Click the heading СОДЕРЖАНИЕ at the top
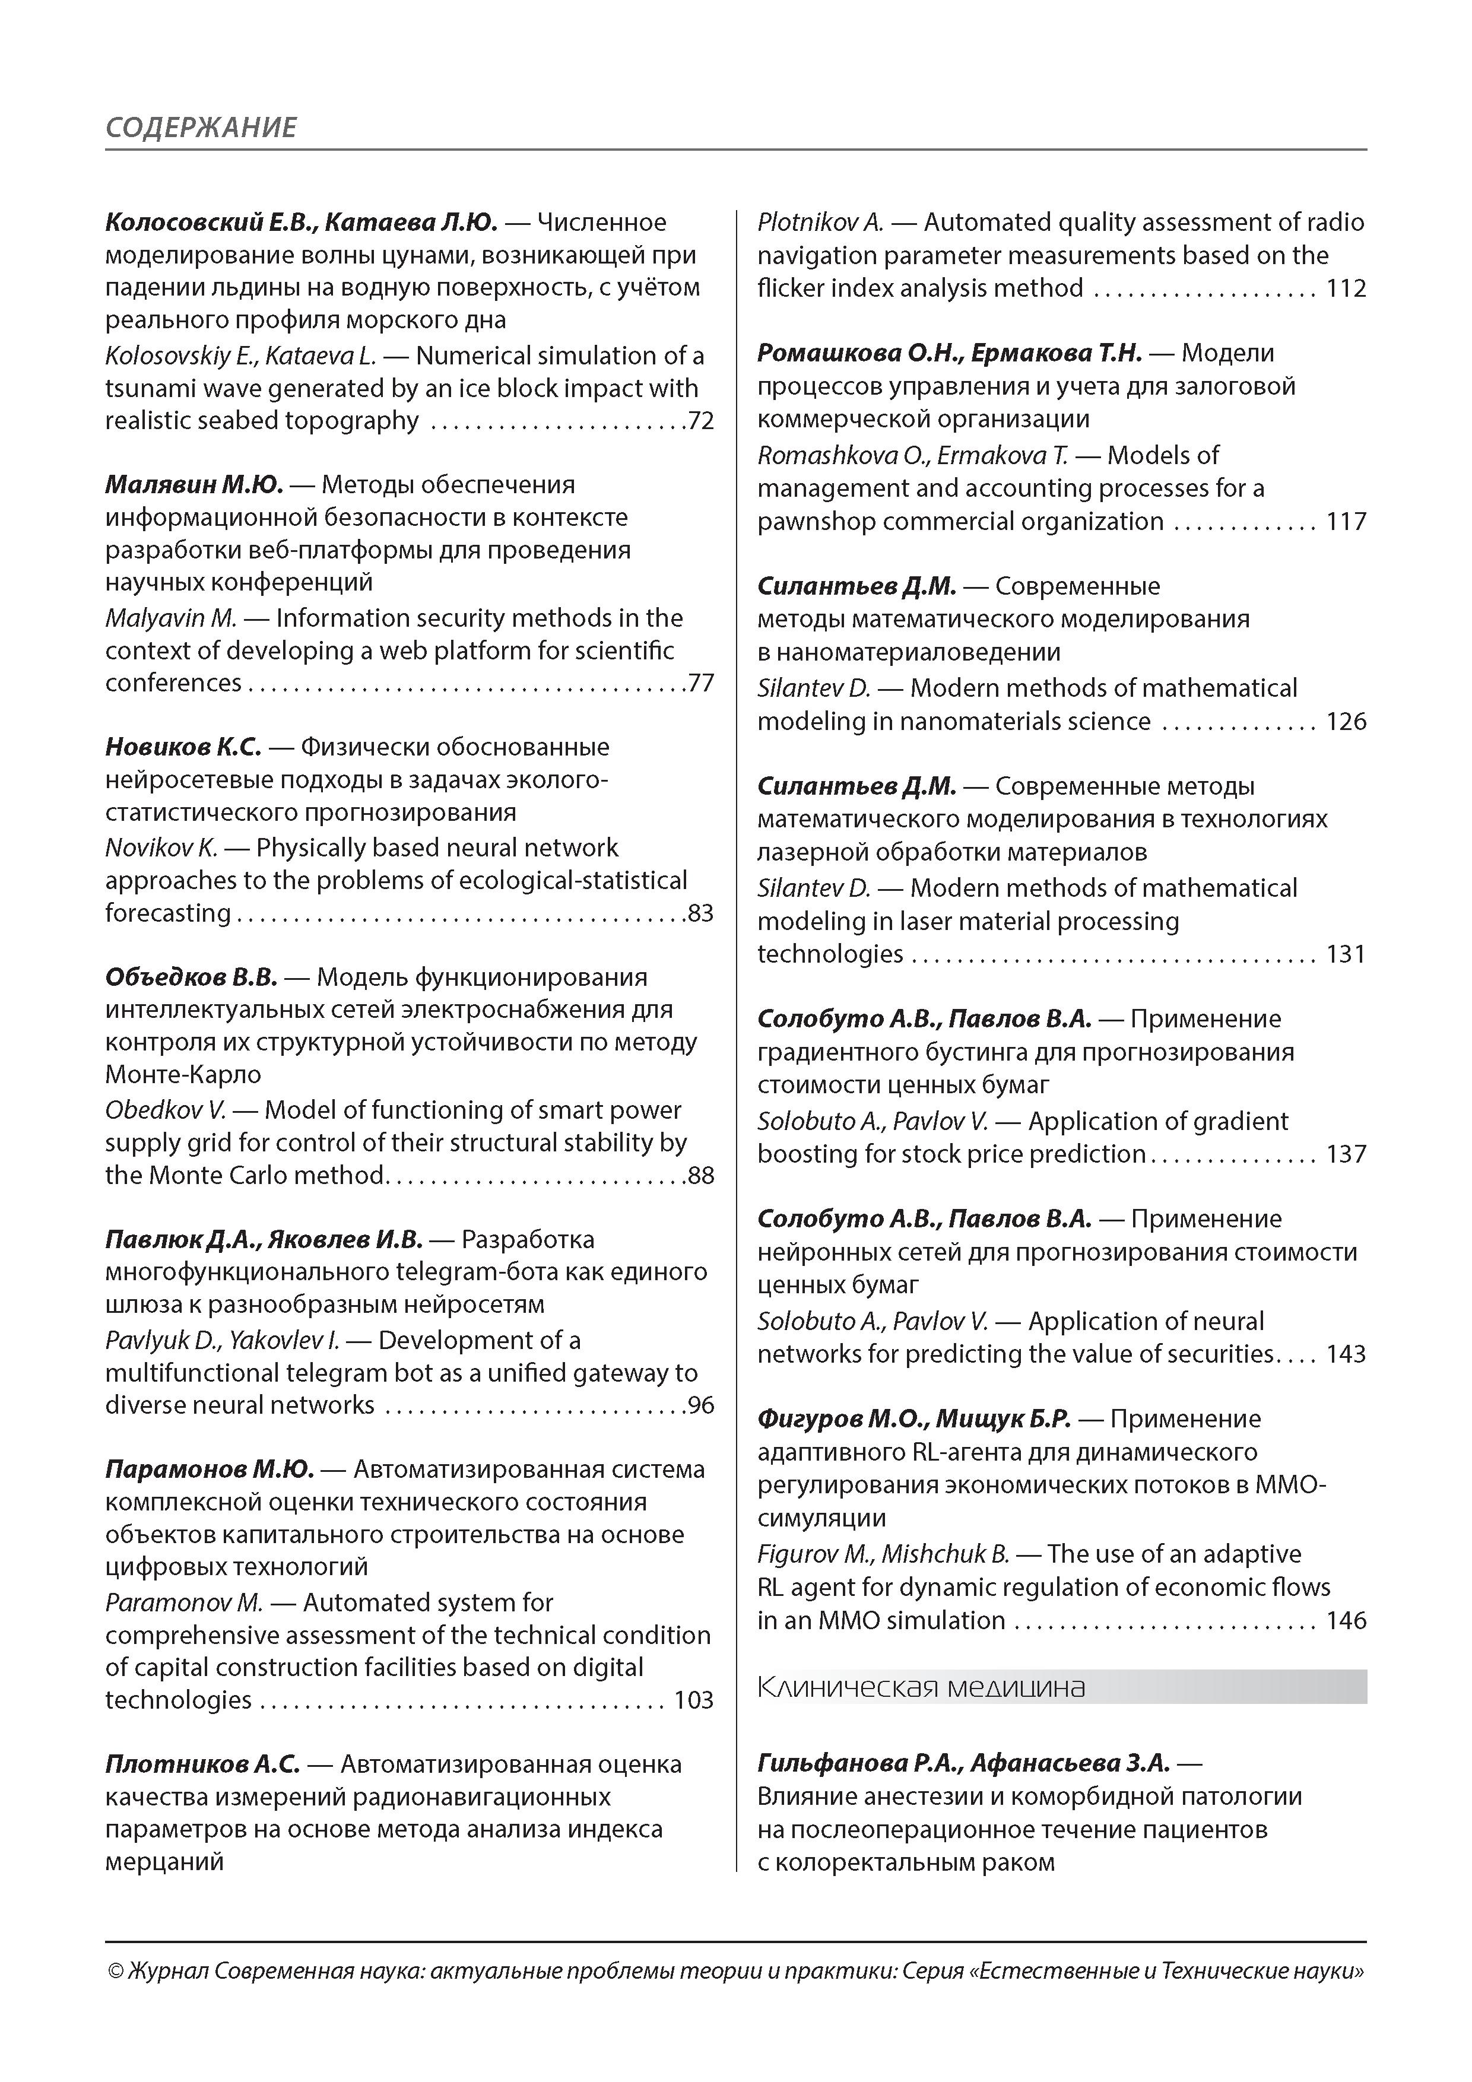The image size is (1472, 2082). (x=201, y=127)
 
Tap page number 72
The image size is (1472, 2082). (x=701, y=421)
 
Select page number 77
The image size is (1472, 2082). (x=701, y=683)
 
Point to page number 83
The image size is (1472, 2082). (x=701, y=913)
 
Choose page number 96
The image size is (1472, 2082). (x=701, y=1405)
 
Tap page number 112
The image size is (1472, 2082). (x=1346, y=288)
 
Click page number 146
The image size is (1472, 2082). (x=1346, y=1620)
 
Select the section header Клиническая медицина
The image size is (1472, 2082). (x=921, y=1687)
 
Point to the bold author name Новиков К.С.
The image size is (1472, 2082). (x=183, y=747)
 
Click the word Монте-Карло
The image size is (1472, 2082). (x=183, y=1075)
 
